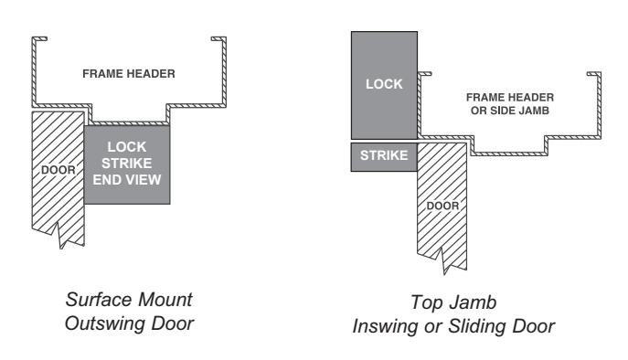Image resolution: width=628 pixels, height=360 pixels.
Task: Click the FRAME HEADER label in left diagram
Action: (x=129, y=74)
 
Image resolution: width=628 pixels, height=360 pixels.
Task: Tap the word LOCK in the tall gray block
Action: (x=384, y=84)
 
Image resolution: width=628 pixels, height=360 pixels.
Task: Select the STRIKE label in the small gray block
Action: (x=384, y=155)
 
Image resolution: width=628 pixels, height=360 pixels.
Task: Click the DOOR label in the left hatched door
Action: (x=59, y=170)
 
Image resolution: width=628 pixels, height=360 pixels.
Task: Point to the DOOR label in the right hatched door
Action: (x=442, y=206)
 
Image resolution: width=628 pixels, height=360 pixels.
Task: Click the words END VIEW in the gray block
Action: (x=127, y=180)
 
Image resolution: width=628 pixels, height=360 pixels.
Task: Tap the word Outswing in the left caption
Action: (x=104, y=323)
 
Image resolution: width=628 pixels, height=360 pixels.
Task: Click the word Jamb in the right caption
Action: (x=474, y=302)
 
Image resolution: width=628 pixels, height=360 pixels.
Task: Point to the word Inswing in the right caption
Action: (x=387, y=326)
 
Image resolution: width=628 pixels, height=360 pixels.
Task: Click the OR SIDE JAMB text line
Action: (x=510, y=111)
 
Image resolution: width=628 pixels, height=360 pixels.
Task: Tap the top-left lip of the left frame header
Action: (x=40, y=39)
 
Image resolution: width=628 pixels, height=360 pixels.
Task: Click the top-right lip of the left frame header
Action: (x=218, y=39)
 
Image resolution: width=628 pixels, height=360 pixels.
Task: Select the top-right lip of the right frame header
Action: (x=593, y=74)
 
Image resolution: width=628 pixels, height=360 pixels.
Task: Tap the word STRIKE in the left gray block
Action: (x=126, y=164)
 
